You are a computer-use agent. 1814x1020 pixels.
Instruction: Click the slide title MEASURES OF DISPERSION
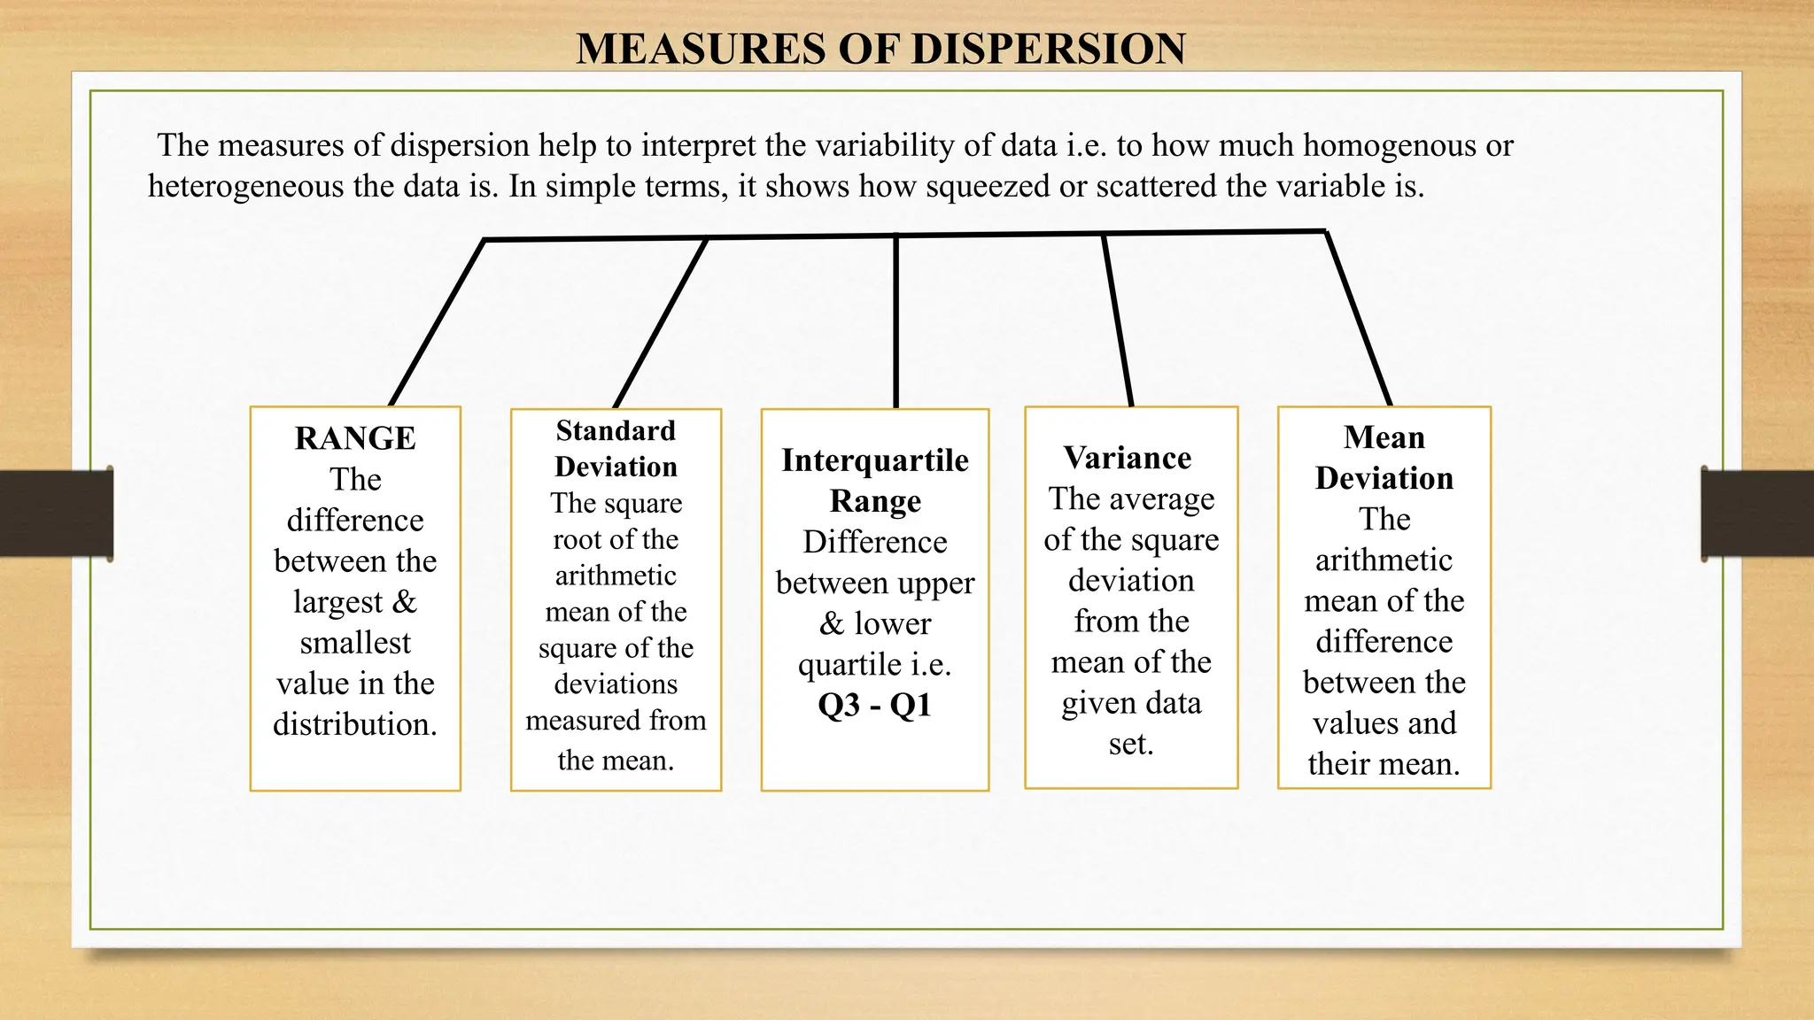point(880,49)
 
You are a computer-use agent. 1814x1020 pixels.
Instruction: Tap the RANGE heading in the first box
point(355,438)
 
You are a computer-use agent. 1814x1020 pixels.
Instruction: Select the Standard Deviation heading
point(616,448)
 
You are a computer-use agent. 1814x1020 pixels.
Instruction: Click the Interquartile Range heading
point(875,480)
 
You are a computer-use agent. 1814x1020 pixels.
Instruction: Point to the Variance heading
point(1128,458)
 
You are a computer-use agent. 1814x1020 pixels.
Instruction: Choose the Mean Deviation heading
point(1384,458)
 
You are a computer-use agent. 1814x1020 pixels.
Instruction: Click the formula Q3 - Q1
point(874,706)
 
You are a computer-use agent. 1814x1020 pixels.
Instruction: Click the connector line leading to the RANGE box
point(437,323)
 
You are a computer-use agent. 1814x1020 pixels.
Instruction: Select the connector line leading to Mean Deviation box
point(1358,319)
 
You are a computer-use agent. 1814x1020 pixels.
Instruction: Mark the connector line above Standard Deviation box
point(661,323)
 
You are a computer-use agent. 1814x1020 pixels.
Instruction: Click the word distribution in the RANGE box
point(354,724)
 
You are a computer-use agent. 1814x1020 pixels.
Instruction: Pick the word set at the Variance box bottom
point(1130,745)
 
